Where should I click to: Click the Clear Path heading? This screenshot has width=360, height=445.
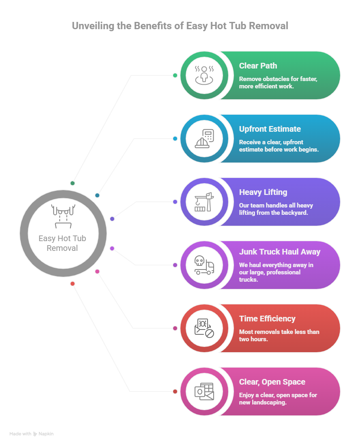pos(258,66)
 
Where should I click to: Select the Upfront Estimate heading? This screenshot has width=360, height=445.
pos(270,129)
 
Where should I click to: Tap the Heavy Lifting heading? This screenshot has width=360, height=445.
pos(263,192)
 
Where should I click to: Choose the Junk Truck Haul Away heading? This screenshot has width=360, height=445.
pos(279,252)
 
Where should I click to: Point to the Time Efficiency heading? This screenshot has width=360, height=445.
pos(267,319)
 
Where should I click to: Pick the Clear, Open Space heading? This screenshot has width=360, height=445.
pos(272,382)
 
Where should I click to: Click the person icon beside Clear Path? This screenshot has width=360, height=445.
pos(204,75)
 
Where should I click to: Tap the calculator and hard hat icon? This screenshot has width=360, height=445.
pos(204,138)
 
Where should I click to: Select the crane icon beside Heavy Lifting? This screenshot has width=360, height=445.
pos(204,201)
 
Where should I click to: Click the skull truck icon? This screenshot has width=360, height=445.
pos(204,265)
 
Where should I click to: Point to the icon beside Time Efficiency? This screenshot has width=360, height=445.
pos(204,328)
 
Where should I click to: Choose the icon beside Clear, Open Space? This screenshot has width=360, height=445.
pos(204,391)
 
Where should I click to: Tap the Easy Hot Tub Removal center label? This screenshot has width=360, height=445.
pos(62,243)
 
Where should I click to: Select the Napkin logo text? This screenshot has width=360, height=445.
pos(46,434)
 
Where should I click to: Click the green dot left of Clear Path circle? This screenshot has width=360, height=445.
pos(175,75)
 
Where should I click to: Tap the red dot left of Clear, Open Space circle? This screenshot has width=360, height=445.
pos(175,392)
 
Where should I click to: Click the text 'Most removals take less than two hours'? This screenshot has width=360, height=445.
pos(279,335)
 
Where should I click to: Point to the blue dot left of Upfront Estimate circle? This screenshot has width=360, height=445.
pos(175,139)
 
